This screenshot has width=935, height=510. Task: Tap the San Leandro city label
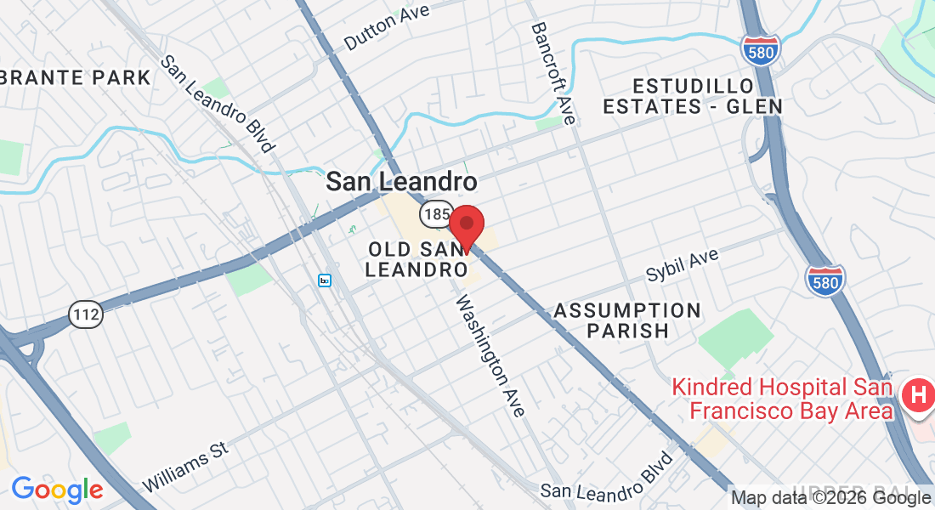tap(402, 182)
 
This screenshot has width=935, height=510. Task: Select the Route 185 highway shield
tap(433, 214)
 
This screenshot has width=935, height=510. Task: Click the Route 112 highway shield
tap(86, 314)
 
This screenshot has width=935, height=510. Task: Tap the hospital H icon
tap(918, 395)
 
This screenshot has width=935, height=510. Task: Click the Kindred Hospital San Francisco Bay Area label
tap(782, 399)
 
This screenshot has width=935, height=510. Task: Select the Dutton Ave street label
tap(387, 26)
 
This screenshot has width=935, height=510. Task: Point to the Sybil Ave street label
tap(682, 265)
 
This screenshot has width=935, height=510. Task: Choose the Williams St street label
tap(187, 466)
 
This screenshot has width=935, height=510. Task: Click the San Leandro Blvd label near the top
tap(218, 103)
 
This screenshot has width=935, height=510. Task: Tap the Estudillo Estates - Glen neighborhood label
tap(693, 96)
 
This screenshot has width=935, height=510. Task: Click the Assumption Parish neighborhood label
tap(627, 320)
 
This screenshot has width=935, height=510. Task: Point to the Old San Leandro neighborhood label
tap(416, 258)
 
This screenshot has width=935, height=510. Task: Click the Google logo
tap(57, 490)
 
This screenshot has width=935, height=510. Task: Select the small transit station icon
tap(325, 280)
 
